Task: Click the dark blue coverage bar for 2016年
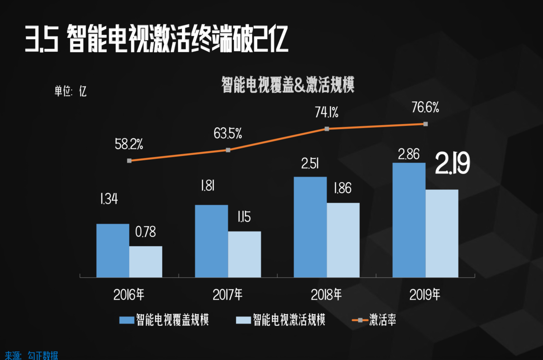113,250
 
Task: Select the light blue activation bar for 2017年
244,254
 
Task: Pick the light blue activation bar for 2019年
442,233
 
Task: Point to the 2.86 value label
409,154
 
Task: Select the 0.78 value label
146,232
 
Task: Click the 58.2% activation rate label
129,144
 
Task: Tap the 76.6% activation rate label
425,107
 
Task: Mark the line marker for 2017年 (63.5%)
228,150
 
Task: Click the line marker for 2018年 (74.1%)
327,129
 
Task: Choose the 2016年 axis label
129,295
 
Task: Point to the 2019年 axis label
425,295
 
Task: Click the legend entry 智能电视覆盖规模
165,320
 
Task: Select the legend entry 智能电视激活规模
281,320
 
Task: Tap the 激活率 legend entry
375,320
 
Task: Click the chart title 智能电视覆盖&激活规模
288,85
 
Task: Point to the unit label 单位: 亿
70,91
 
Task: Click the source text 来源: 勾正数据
31,355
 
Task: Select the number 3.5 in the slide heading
42,39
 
